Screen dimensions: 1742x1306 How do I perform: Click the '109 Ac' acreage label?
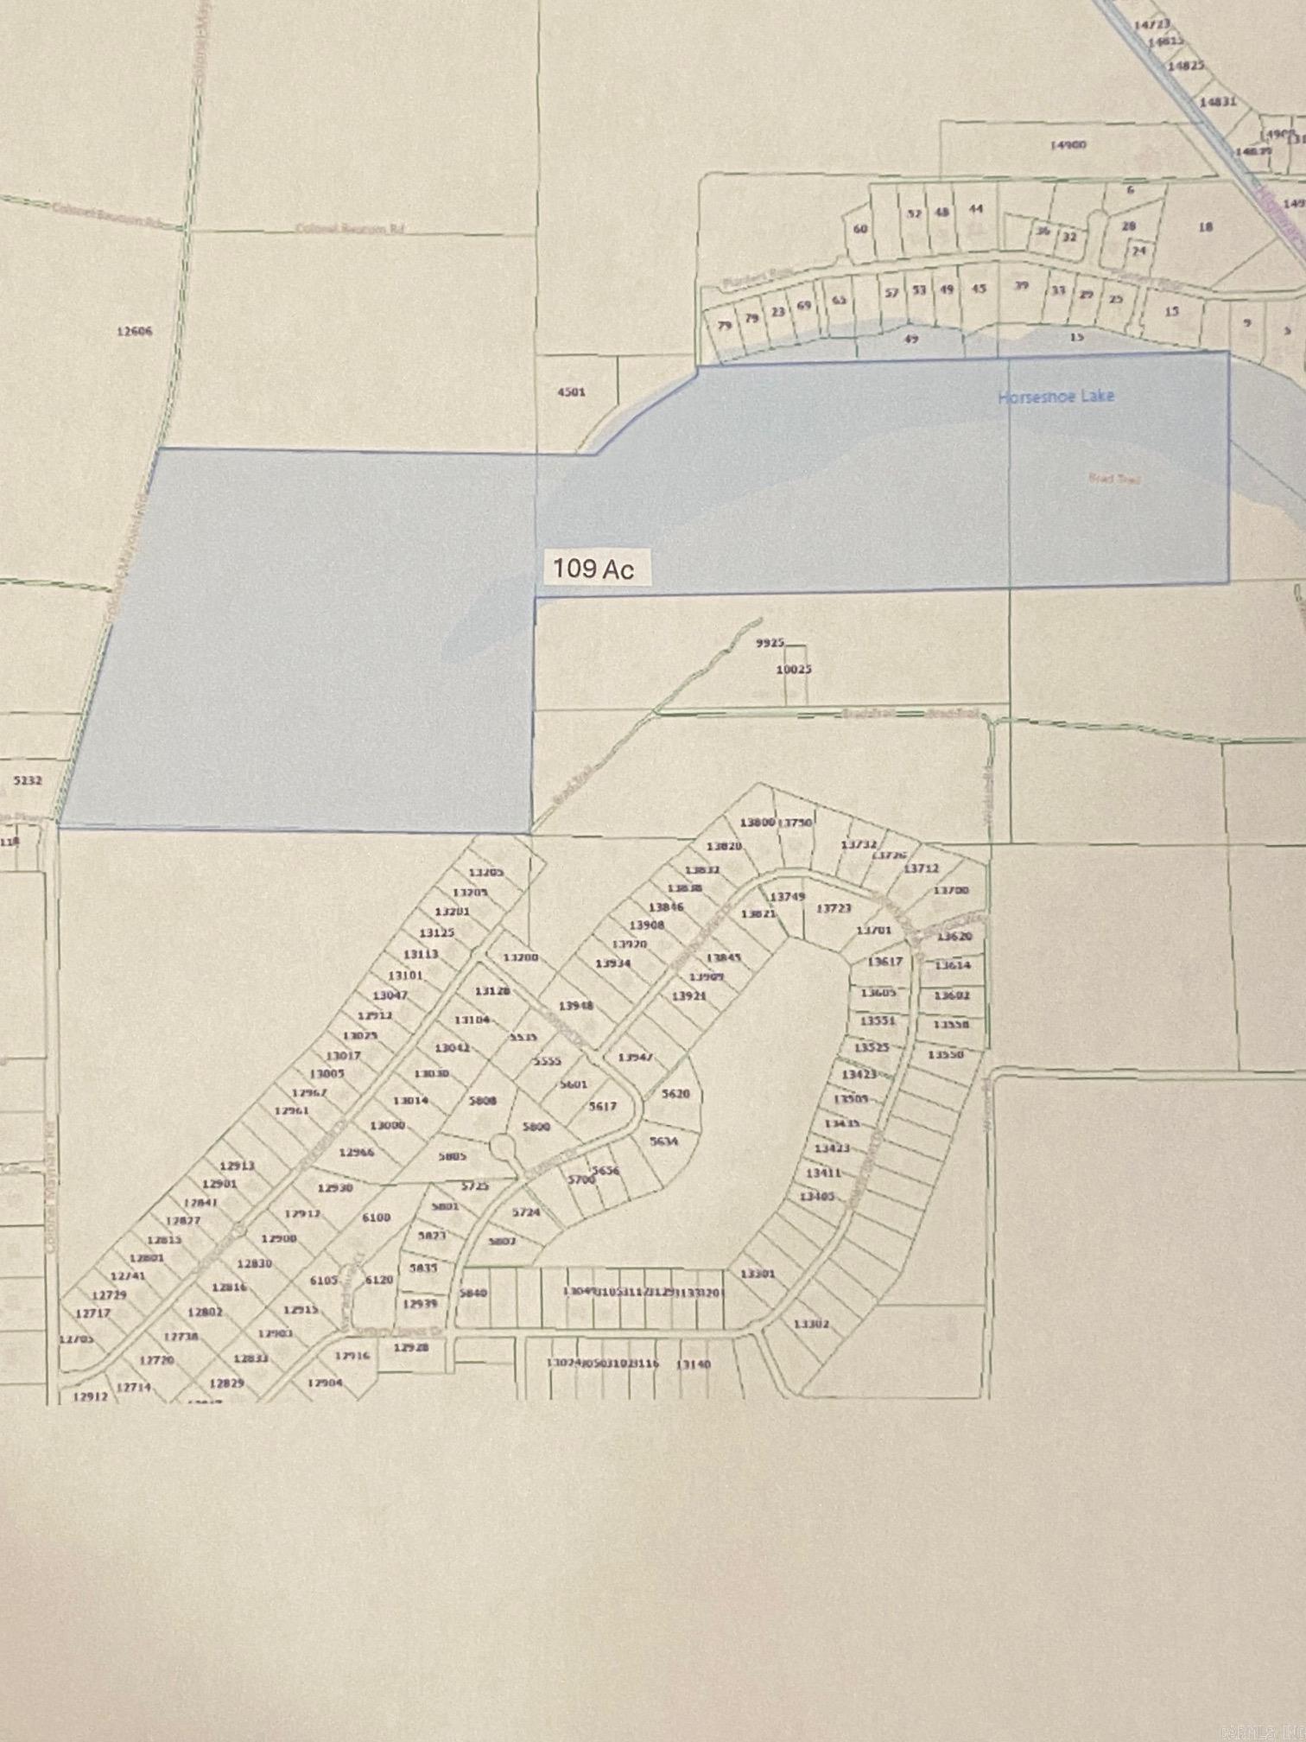pos(593,570)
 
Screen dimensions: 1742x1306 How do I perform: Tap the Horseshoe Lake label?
pos(1056,397)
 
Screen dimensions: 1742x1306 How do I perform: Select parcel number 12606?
pos(135,330)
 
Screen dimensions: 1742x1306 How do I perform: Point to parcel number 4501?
pos(571,391)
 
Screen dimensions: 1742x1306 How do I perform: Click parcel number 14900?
pos(1068,146)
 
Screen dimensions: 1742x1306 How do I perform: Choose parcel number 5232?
pos(29,779)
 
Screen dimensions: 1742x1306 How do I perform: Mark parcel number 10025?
pos(793,669)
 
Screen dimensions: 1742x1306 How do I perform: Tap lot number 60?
pos(860,229)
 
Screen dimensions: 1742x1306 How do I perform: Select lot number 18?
pos(1206,226)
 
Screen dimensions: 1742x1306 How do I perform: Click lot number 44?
pos(977,209)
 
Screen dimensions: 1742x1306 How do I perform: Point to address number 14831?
pos(1218,101)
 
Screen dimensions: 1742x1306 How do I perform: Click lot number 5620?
pos(675,1093)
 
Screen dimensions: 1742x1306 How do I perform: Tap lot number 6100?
pos(376,1217)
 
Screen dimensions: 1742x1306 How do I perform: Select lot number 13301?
pos(758,1273)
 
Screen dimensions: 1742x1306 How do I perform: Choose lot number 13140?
pos(693,1364)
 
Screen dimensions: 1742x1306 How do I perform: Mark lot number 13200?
pos(520,957)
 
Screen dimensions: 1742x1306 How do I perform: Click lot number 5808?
pos(482,1101)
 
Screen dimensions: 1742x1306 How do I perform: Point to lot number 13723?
pos(834,909)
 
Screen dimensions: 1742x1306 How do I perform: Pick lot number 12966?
pos(356,1152)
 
